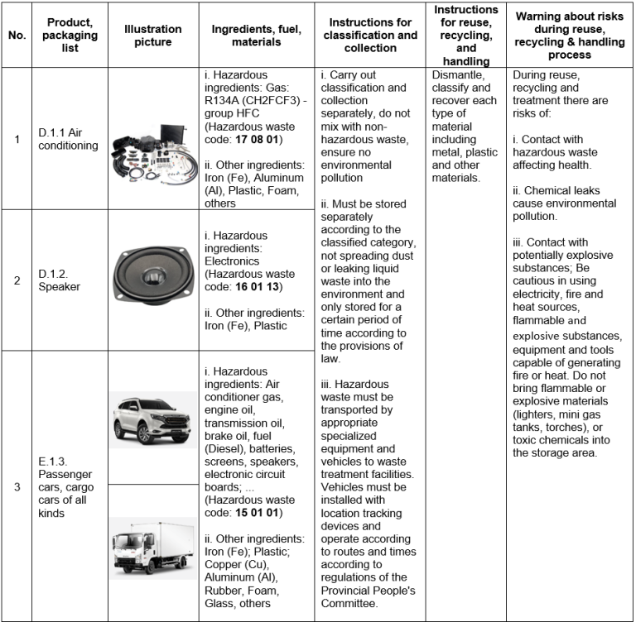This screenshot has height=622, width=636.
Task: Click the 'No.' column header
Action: (17, 36)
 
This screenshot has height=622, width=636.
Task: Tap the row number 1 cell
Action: (17, 139)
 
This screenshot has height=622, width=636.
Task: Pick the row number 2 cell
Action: (17, 280)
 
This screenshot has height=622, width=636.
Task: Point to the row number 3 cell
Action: (17, 486)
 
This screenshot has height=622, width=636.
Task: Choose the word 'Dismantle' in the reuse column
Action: (458, 74)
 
